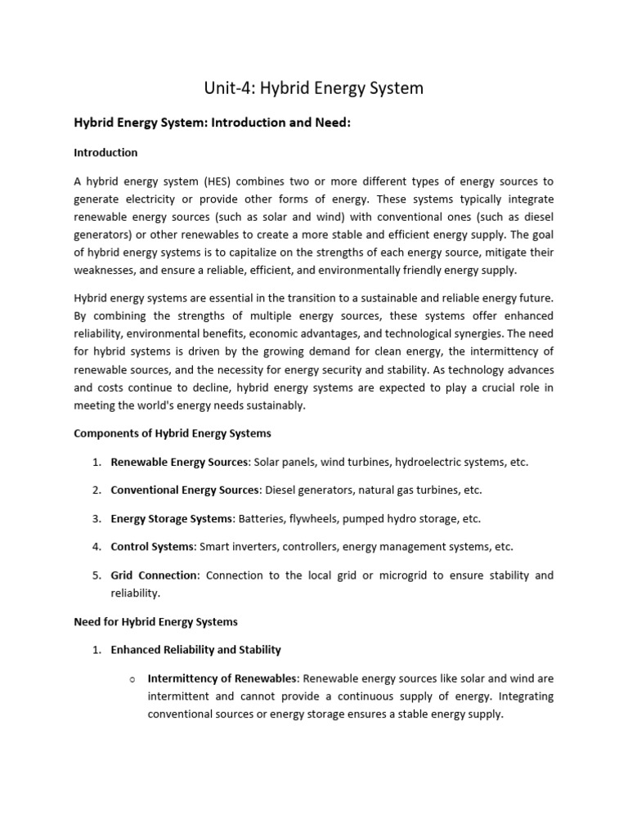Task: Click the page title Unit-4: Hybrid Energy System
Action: [x=313, y=87]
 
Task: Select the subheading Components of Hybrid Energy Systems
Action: [x=173, y=433]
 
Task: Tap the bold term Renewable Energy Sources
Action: [x=179, y=462]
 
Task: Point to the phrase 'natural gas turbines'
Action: [x=403, y=490]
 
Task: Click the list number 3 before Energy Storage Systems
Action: [x=96, y=518]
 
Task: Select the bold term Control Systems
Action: [x=152, y=547]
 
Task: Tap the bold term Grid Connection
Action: [x=154, y=575]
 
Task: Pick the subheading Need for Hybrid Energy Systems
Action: [x=155, y=621]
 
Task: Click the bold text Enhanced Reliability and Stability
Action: [x=195, y=650]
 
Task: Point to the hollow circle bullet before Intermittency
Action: [x=131, y=679]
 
